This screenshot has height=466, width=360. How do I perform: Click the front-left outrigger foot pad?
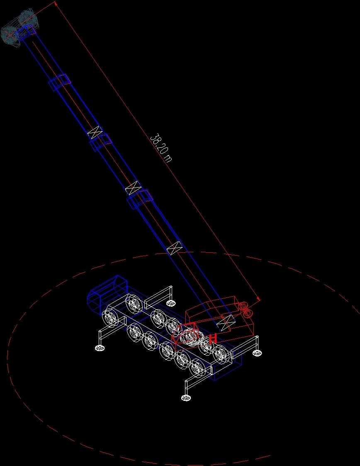[100, 348]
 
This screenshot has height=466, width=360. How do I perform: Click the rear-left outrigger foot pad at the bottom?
[186, 398]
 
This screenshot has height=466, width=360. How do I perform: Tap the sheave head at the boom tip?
[19, 27]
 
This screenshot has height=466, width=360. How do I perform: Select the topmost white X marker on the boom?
[95, 133]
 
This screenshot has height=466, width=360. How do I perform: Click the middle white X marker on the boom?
[132, 188]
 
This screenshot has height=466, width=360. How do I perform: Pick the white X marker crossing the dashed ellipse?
[174, 248]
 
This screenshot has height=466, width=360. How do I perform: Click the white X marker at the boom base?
[227, 321]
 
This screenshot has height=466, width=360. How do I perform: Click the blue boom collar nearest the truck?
[140, 199]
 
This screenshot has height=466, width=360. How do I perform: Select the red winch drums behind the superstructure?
[246, 310]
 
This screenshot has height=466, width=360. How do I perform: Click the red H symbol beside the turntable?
[213, 338]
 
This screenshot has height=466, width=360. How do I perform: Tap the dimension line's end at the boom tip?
[56, 2]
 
